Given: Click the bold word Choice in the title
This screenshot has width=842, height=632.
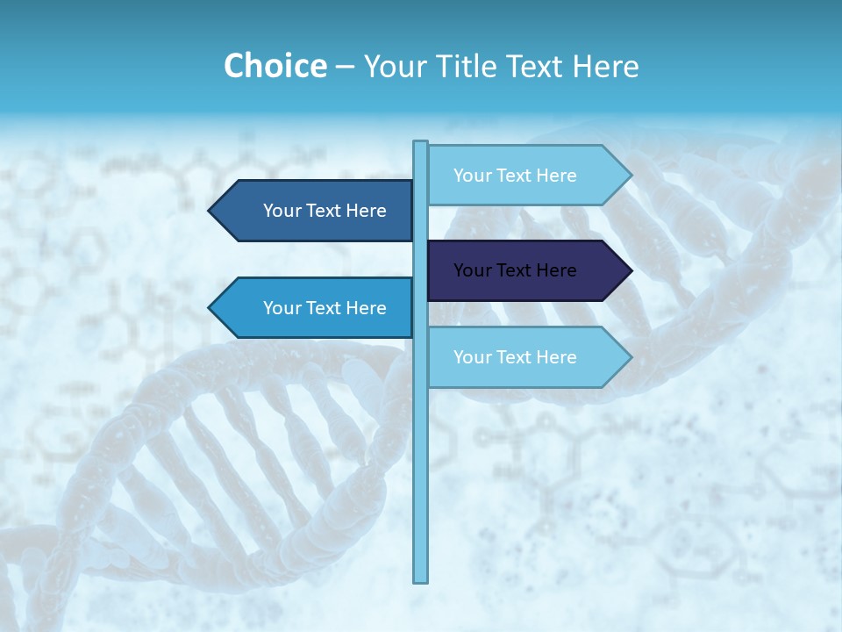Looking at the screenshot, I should tap(275, 66).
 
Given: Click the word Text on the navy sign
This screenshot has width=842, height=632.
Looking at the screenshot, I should tap(515, 270).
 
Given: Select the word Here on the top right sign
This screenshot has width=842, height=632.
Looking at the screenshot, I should tap(556, 176).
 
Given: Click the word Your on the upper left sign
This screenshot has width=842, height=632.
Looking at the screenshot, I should tap(282, 211).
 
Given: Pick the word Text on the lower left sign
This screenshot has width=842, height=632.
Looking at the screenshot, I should tap(325, 308).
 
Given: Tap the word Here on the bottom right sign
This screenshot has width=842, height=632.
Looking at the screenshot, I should tap(556, 357).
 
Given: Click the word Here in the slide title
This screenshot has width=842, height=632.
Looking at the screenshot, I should tap(605, 66).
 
